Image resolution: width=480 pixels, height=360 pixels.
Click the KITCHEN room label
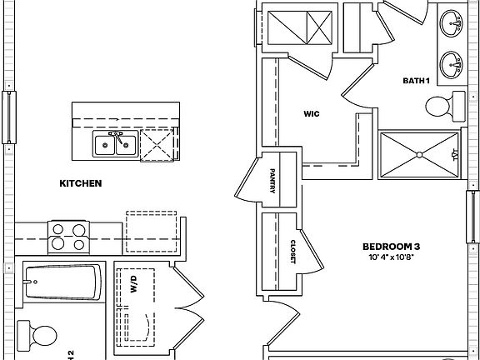80,183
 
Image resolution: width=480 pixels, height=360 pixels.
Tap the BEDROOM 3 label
390,247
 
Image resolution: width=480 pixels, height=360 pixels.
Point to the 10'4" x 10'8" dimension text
390,257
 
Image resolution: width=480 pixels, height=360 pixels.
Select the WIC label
312,113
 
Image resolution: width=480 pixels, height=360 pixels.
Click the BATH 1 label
416,80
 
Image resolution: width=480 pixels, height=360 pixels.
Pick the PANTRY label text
272,180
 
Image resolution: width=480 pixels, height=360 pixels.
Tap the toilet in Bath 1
445,106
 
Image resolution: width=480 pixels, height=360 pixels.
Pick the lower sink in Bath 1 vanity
452,63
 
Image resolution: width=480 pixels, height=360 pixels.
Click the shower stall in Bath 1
419,155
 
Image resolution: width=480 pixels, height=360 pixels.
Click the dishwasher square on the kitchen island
157,144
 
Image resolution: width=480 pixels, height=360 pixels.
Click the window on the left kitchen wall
9,116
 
